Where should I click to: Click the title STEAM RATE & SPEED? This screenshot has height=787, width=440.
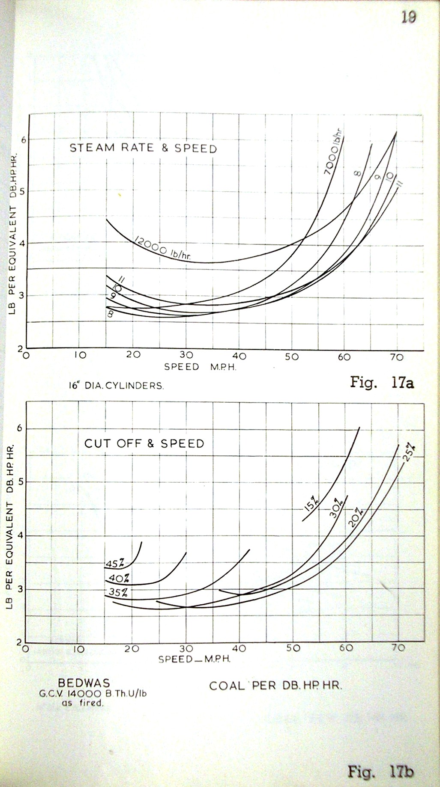(x=143, y=148)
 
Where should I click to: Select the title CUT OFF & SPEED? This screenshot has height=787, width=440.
(x=144, y=443)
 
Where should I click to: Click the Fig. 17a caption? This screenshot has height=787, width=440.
(x=382, y=382)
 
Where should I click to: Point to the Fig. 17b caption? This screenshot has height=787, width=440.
(x=380, y=772)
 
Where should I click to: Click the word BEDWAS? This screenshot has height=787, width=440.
(x=84, y=683)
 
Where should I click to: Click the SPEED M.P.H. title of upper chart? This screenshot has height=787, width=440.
(x=200, y=367)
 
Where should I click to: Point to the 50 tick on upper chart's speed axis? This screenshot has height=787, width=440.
(x=292, y=356)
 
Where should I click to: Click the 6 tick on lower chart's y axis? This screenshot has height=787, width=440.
(x=19, y=429)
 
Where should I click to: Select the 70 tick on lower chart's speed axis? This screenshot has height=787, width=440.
(x=398, y=647)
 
